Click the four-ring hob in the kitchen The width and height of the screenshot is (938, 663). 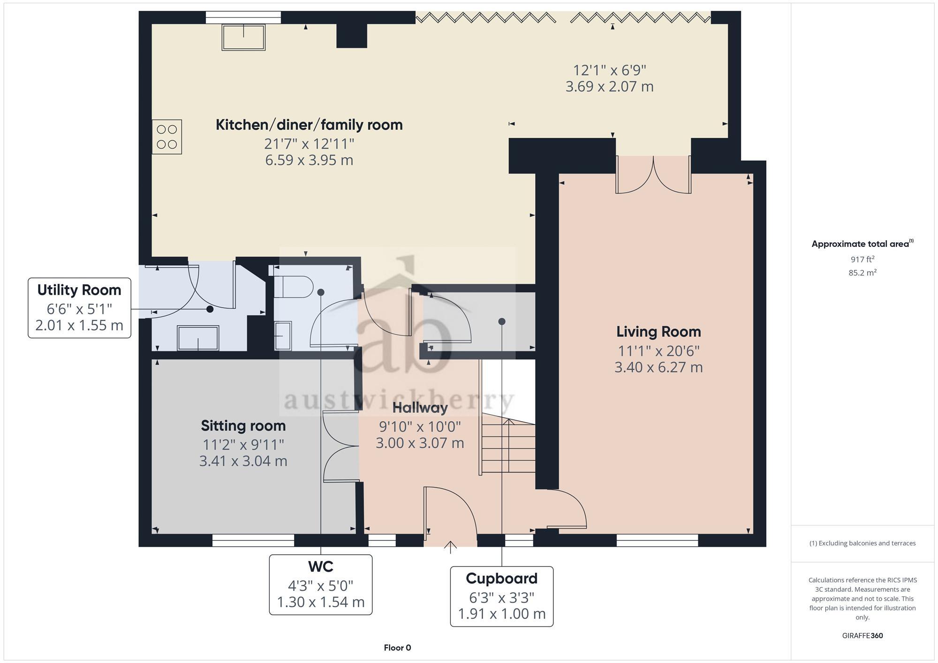(167, 137)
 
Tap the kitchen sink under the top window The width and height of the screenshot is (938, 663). (243, 37)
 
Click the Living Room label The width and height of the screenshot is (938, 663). (658, 332)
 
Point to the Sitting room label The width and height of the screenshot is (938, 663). (243, 425)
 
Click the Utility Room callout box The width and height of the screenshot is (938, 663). (79, 307)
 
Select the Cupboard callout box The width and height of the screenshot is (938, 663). (501, 596)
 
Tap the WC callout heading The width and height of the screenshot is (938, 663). (320, 566)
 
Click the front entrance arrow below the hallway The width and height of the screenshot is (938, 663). (450, 547)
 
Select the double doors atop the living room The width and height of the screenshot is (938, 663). (653, 175)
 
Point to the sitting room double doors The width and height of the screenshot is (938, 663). (340, 446)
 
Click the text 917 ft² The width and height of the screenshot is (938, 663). (862, 259)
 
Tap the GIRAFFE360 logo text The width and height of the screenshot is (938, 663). (862, 635)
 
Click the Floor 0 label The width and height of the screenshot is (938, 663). (397, 648)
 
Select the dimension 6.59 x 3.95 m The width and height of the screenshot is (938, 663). (309, 160)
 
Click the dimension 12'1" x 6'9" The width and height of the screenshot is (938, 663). (609, 70)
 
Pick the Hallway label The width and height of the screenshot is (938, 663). (420, 408)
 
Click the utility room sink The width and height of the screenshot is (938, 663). (198, 338)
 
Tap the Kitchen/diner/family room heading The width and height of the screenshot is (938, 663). (309, 125)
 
